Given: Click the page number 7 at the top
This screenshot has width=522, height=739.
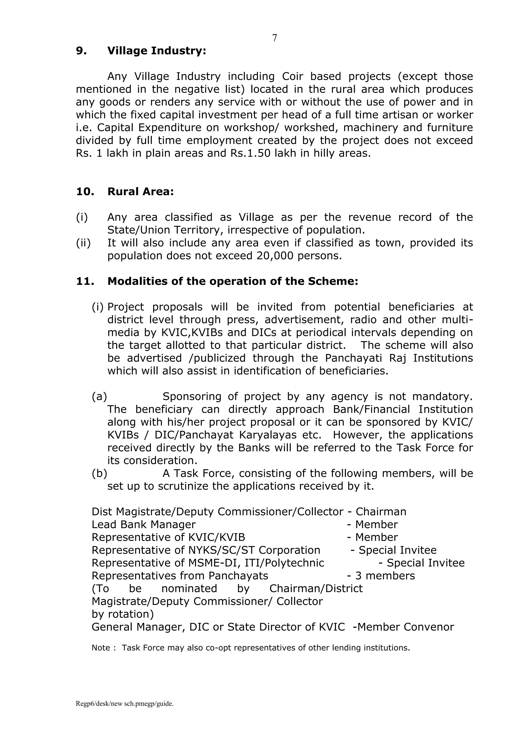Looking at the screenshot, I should click(x=274, y=38).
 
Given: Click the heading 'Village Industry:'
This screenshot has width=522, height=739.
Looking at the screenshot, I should click(x=156, y=51).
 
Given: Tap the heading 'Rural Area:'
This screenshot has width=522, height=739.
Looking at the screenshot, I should click(x=140, y=191).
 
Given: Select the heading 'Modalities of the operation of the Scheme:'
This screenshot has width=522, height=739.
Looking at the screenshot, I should click(x=233, y=281).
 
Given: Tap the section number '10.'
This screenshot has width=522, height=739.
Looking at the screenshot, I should click(x=85, y=191).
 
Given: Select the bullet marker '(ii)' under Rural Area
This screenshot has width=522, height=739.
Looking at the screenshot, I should click(x=83, y=243).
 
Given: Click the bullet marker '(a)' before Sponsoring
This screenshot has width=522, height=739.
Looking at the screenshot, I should click(x=99, y=396).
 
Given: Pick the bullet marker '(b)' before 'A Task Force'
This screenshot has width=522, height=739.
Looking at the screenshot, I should click(x=99, y=473).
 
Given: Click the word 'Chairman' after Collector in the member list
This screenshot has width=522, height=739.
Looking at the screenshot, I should click(x=381, y=512).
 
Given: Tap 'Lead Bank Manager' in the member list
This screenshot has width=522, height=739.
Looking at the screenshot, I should click(x=144, y=525).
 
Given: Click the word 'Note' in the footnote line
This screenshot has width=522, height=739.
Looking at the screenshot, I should click(x=101, y=648).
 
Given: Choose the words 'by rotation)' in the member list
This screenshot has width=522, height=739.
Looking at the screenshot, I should click(x=122, y=614).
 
